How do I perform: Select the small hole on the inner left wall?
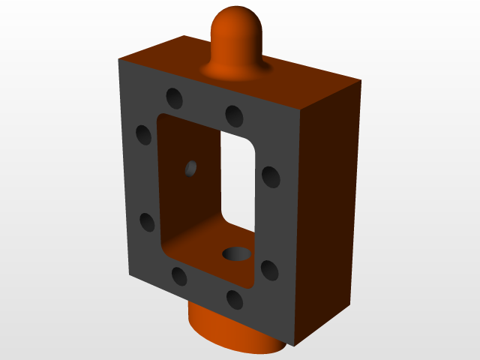191,168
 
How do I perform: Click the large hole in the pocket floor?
238,253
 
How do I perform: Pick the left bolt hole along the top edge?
175,97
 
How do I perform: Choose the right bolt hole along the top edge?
234,115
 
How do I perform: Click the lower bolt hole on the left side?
147,222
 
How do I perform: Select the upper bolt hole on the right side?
271,177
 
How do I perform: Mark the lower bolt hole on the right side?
268,269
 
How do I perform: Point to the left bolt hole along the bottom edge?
179,276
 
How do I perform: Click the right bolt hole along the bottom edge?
235,300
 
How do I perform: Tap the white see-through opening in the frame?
238,180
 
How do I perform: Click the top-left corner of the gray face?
119,59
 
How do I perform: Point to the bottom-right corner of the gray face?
293,346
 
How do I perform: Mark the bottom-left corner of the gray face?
130,275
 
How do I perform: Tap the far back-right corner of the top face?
361,80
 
